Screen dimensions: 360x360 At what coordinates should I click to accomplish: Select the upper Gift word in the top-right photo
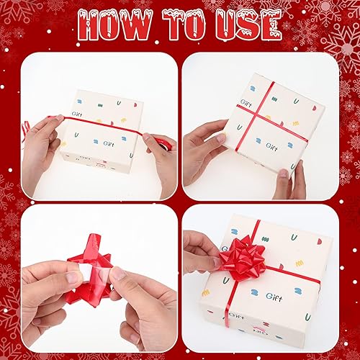(247, 102)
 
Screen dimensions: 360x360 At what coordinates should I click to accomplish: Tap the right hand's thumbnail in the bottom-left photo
(119, 274)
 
